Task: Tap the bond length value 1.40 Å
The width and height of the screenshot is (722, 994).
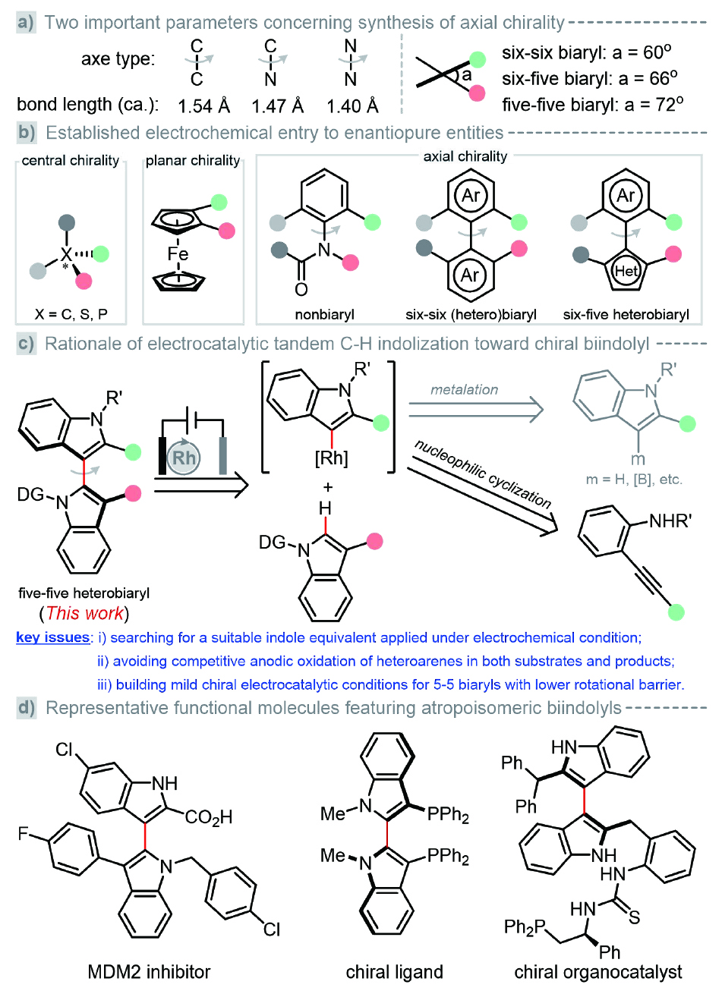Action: tap(352, 105)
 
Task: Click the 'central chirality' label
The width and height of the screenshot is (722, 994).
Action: tap(71, 160)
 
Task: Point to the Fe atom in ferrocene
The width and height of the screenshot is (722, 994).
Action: tap(178, 253)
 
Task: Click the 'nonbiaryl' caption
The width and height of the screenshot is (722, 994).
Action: tap(326, 313)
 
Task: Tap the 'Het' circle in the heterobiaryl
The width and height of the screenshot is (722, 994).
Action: tap(626, 271)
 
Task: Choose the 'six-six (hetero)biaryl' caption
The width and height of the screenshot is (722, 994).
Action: tap(471, 313)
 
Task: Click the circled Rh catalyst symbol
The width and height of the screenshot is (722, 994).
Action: tap(184, 458)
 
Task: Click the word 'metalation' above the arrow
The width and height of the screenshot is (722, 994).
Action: tap(464, 389)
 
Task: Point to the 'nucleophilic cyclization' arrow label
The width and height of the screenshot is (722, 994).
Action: tap(483, 471)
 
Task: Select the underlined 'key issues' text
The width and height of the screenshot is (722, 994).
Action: tap(52, 637)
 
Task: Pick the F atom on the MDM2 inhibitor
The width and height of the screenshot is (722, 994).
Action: tap(24, 835)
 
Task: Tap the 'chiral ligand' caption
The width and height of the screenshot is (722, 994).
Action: tap(394, 971)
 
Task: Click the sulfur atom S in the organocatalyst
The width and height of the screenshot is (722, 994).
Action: tap(634, 918)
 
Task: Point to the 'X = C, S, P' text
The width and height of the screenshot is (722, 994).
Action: tap(71, 313)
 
